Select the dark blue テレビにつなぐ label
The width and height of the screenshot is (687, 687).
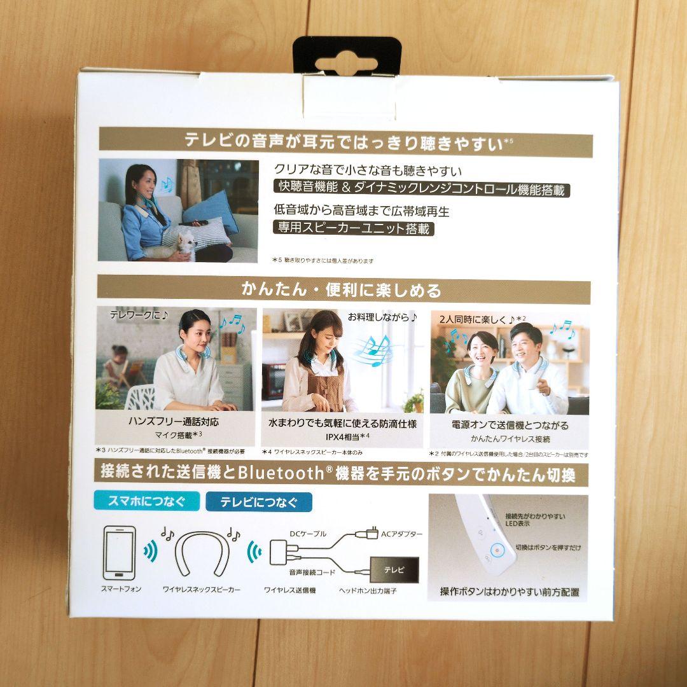click(x=259, y=502)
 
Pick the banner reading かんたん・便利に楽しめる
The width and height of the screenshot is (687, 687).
click(x=341, y=290)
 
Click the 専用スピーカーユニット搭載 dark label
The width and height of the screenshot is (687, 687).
click(x=354, y=227)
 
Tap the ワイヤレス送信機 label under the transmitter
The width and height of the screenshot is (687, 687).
click(x=290, y=590)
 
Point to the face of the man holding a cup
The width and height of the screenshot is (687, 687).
click(x=525, y=344)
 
